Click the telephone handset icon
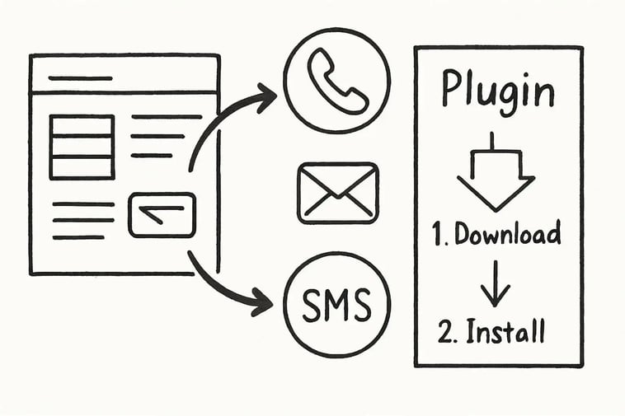(336, 81)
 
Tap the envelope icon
(338, 194)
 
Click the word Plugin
(498, 91)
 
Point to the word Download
(508, 234)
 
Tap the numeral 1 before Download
(439, 235)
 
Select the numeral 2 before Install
(445, 332)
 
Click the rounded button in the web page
(162, 214)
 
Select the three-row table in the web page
(82, 147)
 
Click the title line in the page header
(80, 78)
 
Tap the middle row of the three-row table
(82, 146)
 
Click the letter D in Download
(463, 234)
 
